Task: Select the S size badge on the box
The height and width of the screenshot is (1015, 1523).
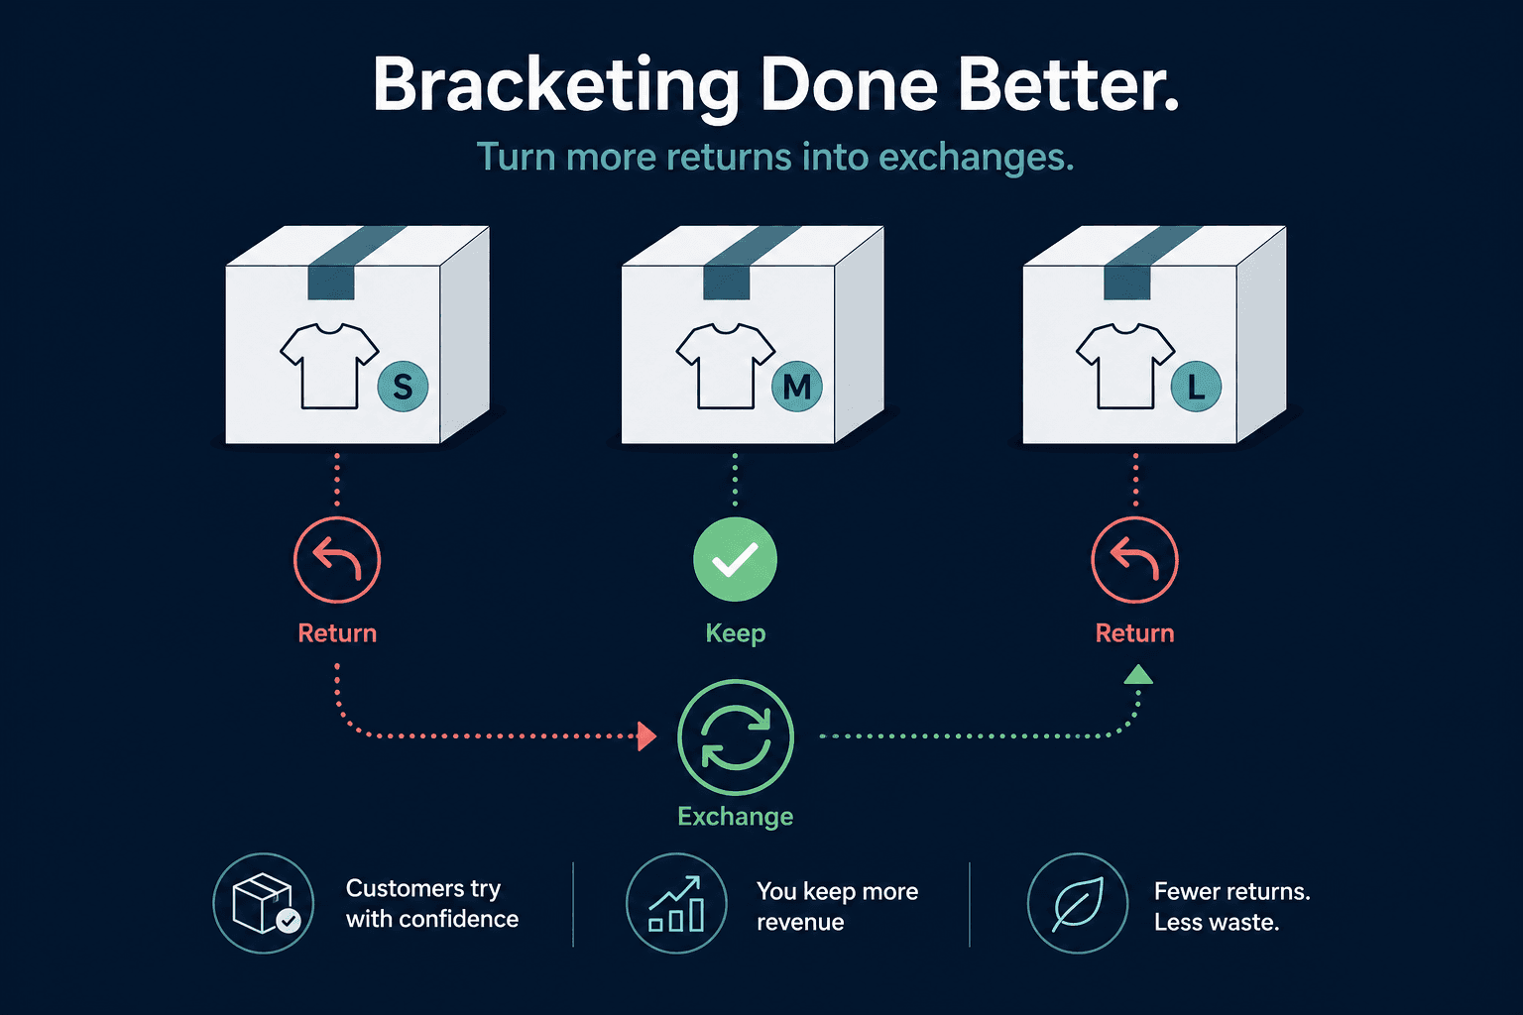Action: point(403,387)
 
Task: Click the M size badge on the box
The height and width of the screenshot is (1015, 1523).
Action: point(797,387)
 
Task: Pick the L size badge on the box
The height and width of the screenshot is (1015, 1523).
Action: point(1196,387)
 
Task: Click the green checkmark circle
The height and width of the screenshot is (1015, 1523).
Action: point(735,560)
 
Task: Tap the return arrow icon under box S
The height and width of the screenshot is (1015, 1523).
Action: point(337,560)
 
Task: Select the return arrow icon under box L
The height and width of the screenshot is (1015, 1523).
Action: point(1134,560)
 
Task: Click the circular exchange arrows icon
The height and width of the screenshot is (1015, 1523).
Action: point(735,736)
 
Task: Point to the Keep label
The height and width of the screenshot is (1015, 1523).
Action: point(735,633)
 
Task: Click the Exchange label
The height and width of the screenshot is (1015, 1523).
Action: point(735,817)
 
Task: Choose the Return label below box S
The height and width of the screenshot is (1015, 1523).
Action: point(337,633)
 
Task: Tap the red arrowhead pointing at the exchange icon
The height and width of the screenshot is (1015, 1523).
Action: point(647,736)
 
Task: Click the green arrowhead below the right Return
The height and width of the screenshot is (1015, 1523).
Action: point(1138,675)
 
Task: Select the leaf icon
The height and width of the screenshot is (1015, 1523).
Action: point(1077,904)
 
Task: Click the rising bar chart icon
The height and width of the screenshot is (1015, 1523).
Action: point(676,904)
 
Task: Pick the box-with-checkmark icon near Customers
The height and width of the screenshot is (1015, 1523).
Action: point(263,904)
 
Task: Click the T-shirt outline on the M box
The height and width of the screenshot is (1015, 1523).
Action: point(725,366)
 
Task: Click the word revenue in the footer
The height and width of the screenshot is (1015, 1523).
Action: point(800,923)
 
